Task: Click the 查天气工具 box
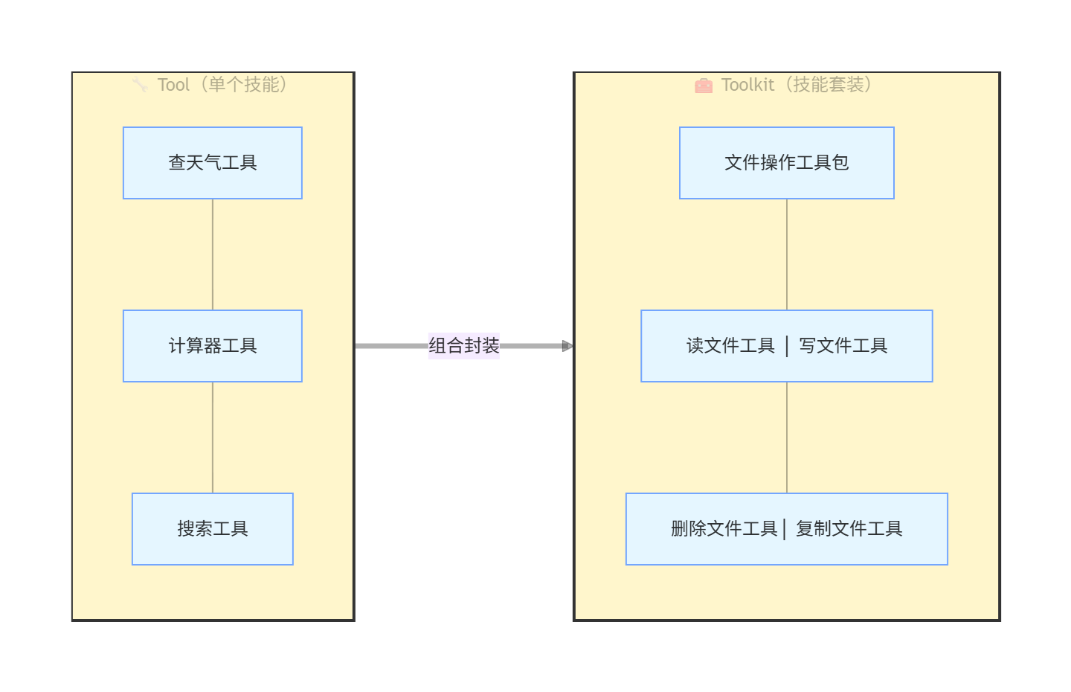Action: tap(213, 163)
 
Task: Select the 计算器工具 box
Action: tap(213, 346)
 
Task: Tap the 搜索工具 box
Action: tap(213, 529)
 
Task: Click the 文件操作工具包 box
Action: tap(786, 163)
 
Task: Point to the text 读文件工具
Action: tap(730, 346)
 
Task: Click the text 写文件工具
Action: tap(843, 346)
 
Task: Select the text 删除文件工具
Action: tap(724, 529)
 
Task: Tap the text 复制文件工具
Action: tap(849, 529)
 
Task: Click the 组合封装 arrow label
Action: tap(463, 346)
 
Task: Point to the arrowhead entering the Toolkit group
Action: tap(567, 346)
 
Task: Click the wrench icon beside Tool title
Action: tap(140, 85)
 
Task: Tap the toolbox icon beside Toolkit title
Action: tap(703, 86)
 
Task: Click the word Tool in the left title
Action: tap(173, 85)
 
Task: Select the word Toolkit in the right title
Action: tap(747, 85)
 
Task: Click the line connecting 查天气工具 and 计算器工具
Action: tap(213, 254)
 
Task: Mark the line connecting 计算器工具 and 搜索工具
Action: tap(213, 438)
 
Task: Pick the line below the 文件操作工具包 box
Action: tap(787, 254)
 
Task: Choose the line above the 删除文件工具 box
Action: tap(787, 438)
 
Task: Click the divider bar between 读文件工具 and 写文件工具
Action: tap(787, 346)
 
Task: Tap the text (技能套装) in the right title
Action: tap(828, 85)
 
